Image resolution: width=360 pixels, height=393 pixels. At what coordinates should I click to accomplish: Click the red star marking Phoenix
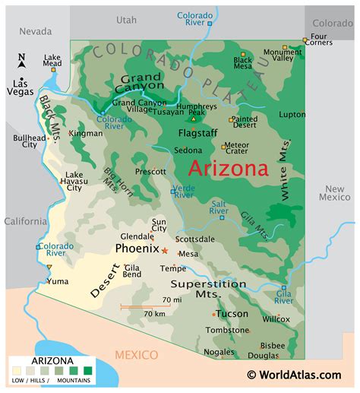point(165,250)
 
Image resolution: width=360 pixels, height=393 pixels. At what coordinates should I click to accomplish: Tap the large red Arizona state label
point(228,168)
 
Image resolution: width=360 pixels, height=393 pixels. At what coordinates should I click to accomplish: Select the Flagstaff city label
point(197,132)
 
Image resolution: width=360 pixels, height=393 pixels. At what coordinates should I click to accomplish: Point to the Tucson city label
point(232,313)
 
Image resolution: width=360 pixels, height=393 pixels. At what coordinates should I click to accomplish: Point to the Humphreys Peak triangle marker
point(194,119)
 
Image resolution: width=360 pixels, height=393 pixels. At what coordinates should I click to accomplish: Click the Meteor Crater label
point(236,149)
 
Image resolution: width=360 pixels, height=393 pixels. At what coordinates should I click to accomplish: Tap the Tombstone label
point(226,330)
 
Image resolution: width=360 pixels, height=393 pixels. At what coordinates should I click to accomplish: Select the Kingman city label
point(86,133)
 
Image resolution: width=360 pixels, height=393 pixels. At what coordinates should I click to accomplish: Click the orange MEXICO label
point(136,355)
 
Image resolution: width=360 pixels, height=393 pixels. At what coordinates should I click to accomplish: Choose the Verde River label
point(184,191)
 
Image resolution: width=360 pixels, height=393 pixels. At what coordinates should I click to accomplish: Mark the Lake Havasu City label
point(74,182)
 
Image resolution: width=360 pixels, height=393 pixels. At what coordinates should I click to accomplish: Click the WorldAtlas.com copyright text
point(293,374)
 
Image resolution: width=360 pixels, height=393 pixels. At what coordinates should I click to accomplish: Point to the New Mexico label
point(334,193)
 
